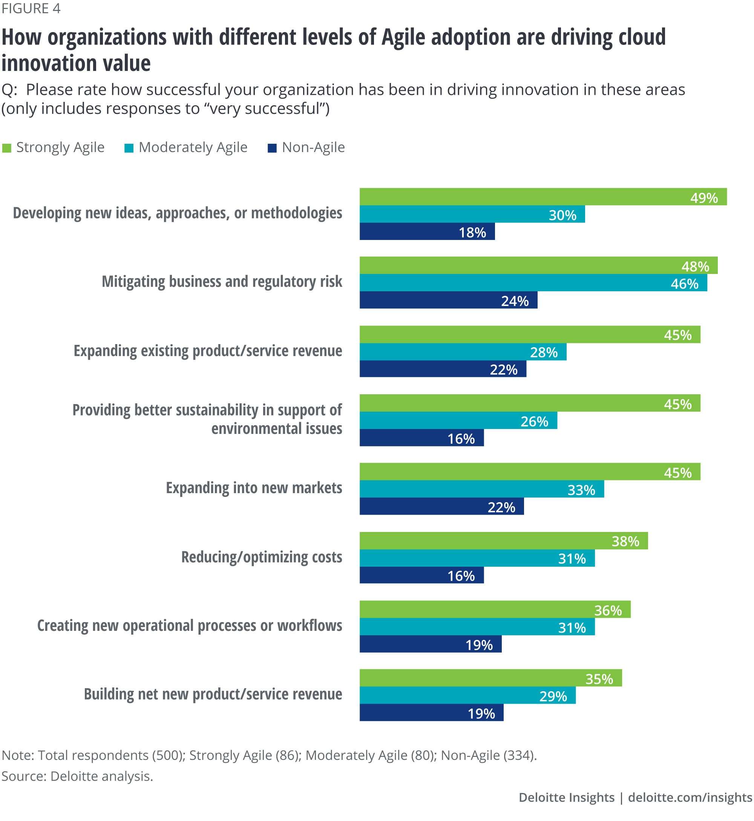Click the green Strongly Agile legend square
pyautogui.click(x=6, y=148)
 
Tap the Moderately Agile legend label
pyautogui.click(x=193, y=148)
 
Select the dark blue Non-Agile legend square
pyautogui.click(x=272, y=148)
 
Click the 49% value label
pyautogui.click(x=704, y=198)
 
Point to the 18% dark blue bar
pyautogui.click(x=427, y=232)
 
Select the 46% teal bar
pyautogui.click(x=533, y=283)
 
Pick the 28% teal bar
pyautogui.click(x=463, y=352)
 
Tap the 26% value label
pyautogui.click(x=534, y=421)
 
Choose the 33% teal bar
pyautogui.click(x=481, y=489)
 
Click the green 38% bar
pyautogui.click(x=503, y=541)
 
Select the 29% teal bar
pyautogui.click(x=467, y=695)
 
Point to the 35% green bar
pyautogui.click(x=490, y=678)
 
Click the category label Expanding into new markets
pyautogui.click(x=254, y=488)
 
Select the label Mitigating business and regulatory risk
pyautogui.click(x=222, y=282)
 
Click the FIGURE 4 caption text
pyautogui.click(x=31, y=9)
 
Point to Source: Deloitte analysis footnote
pyautogui.click(x=77, y=776)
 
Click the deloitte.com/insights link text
pyautogui.click(x=690, y=797)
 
